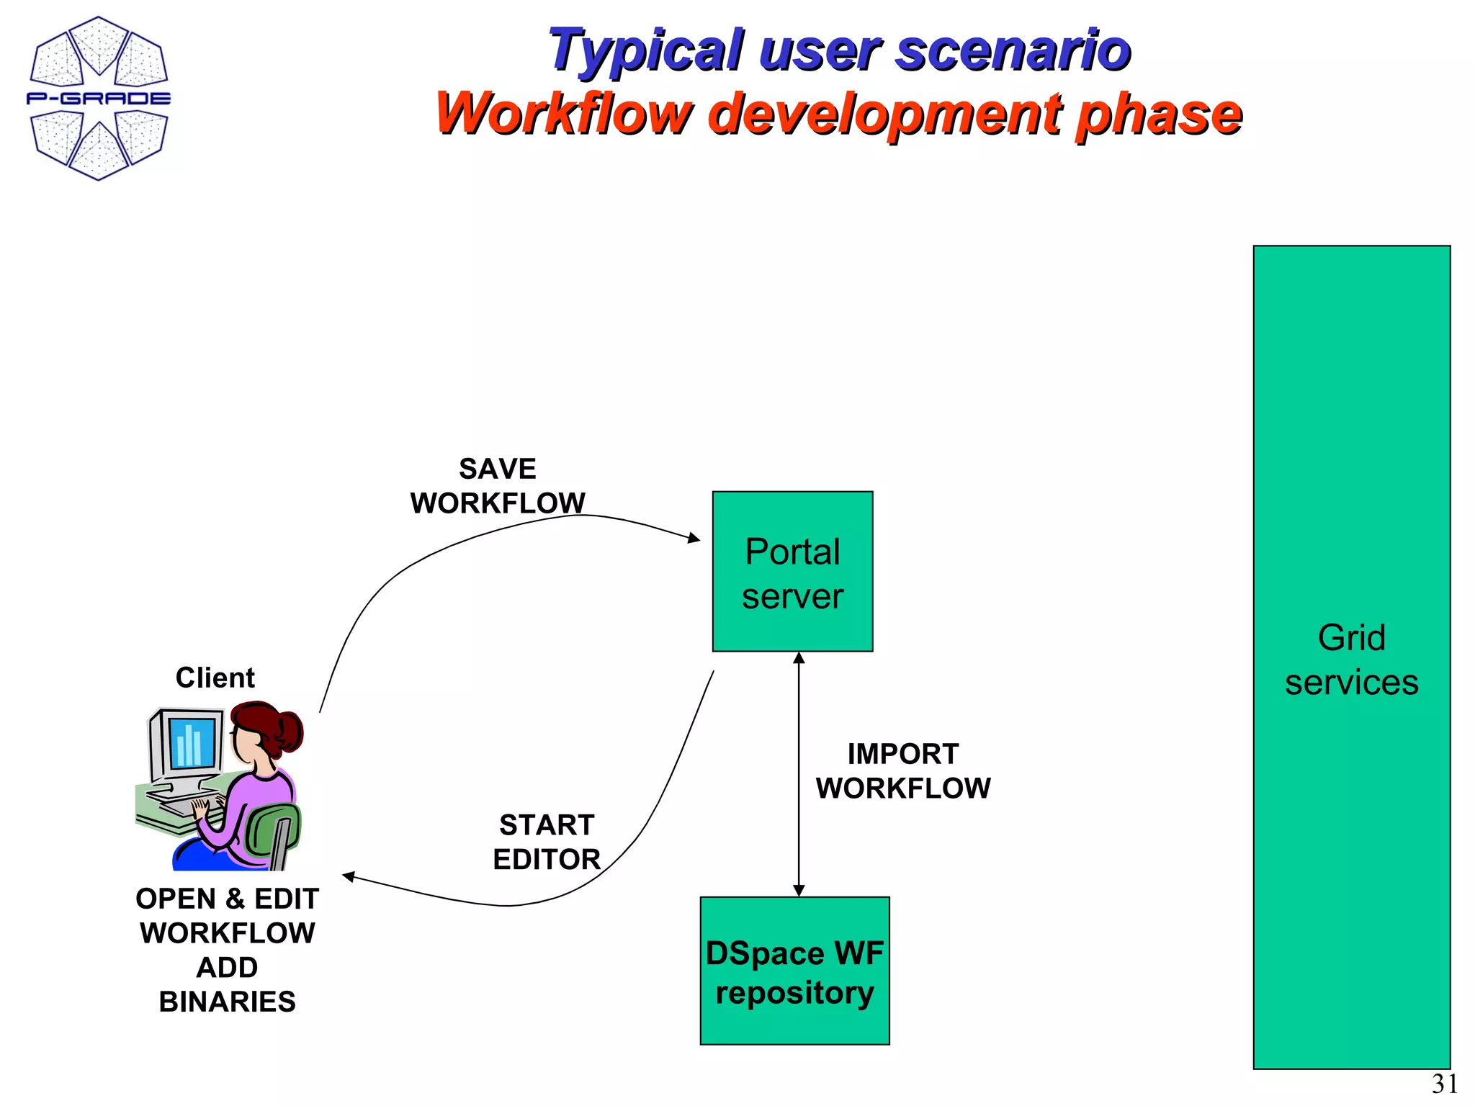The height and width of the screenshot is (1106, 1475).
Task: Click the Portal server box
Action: coord(792,572)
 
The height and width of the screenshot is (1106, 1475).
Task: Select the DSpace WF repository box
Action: coord(794,971)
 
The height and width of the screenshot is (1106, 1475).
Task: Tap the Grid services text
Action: coord(1351,660)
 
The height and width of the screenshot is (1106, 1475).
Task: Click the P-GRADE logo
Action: coord(99,99)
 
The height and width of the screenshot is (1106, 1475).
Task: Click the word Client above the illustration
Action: coord(215,678)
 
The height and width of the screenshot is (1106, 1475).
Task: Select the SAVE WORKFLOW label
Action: coord(498,486)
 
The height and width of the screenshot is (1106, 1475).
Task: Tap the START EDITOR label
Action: coord(547,842)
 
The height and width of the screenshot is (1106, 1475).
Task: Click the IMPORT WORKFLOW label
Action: coord(903,771)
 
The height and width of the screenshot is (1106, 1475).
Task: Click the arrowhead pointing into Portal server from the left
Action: coord(694,538)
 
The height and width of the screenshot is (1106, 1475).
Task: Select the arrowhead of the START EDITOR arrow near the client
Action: coord(349,876)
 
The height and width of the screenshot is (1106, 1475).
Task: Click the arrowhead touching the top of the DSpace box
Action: coord(799,891)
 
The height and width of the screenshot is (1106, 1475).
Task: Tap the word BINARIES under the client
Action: coord(227,1002)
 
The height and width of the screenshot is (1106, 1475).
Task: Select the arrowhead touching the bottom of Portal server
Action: coord(799,658)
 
